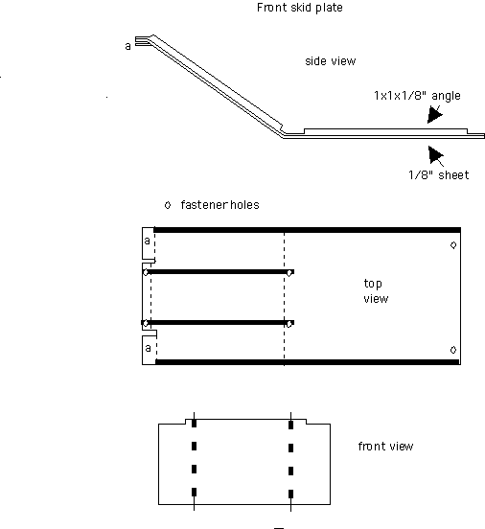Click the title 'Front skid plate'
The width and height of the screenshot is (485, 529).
(300, 8)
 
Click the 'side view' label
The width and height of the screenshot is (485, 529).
(331, 61)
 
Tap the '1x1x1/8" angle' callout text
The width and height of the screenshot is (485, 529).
(417, 96)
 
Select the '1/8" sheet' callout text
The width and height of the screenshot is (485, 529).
(439, 175)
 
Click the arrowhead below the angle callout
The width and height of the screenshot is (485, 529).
(434, 114)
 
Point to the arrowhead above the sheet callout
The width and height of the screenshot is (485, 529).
(436, 155)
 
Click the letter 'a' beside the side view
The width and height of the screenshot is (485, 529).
(127, 46)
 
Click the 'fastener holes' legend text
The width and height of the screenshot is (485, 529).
(220, 205)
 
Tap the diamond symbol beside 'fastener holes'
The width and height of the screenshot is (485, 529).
(168, 205)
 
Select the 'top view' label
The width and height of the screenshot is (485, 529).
(376, 291)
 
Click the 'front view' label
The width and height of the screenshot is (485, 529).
(385, 447)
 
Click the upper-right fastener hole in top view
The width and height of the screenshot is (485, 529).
(453, 245)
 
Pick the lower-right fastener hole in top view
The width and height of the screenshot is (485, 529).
(453, 350)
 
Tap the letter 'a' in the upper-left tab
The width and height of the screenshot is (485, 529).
(147, 241)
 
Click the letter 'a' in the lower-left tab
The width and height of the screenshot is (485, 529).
(148, 348)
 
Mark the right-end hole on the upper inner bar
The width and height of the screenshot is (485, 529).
(289, 273)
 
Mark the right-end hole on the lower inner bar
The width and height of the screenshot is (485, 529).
(289, 324)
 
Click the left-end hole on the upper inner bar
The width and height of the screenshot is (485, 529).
(146, 272)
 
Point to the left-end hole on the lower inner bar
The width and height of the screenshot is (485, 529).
(146, 323)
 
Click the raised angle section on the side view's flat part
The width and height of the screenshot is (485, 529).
(385, 131)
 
